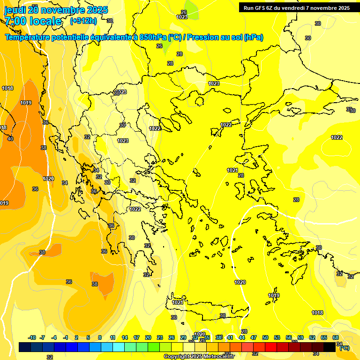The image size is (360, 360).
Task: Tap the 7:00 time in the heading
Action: point(15,21)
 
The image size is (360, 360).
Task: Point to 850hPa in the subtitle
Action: point(152,37)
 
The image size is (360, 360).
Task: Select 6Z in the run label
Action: point(272,8)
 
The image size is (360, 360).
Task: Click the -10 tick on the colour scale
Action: point(32,337)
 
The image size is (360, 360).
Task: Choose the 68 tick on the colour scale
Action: point(336,337)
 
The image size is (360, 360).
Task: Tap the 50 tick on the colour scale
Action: point(265,337)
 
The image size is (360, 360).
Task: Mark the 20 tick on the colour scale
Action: point(148,337)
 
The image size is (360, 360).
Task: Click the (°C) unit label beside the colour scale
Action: point(344,348)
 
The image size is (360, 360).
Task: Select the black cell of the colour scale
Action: point(330,347)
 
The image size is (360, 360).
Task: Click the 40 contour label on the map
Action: point(10,139)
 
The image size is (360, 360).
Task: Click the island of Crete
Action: point(206,305)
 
